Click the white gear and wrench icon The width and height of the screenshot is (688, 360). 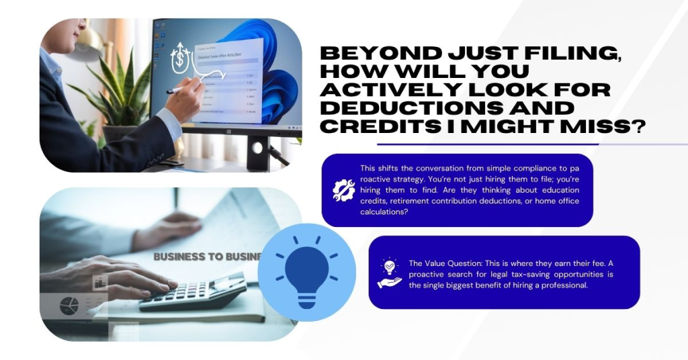point(343,190)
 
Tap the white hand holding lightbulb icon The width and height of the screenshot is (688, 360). point(390,273)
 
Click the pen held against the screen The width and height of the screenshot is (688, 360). point(180,88)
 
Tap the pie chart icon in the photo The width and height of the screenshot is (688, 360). point(69,306)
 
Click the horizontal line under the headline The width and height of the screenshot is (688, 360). point(531,144)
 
